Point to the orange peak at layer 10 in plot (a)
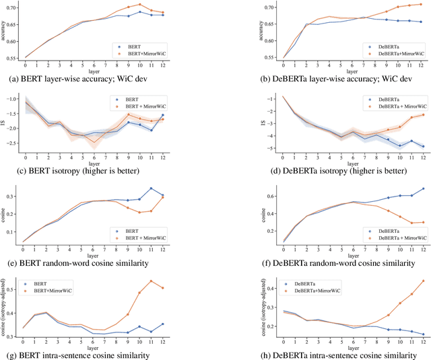(158, 5)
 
